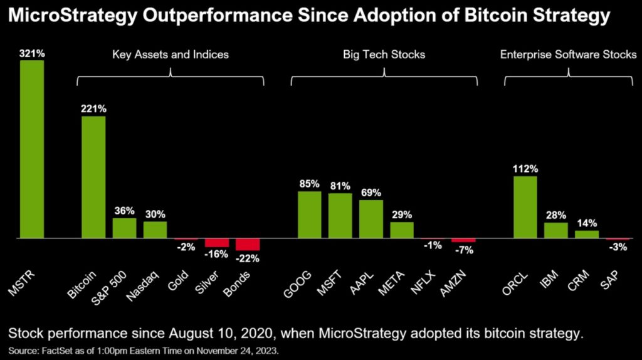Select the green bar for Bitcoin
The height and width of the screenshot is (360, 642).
coord(93,177)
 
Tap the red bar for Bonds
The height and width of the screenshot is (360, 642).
coord(247,245)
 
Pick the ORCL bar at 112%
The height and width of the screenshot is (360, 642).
coord(525,208)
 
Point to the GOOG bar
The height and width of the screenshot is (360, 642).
coord(309,214)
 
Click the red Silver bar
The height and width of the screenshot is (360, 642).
coord(217,243)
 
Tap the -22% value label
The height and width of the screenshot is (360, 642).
coord(248,258)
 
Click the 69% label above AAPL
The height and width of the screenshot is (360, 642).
coord(371,193)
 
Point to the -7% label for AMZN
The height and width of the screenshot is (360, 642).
coord(464,250)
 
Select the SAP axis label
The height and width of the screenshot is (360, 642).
coord(613,280)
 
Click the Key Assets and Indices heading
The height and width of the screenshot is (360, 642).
coord(171,55)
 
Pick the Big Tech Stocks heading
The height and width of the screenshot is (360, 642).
coord(384,55)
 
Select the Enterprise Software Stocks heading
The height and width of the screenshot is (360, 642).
coord(567,55)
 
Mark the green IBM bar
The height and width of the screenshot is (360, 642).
coord(555,231)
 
